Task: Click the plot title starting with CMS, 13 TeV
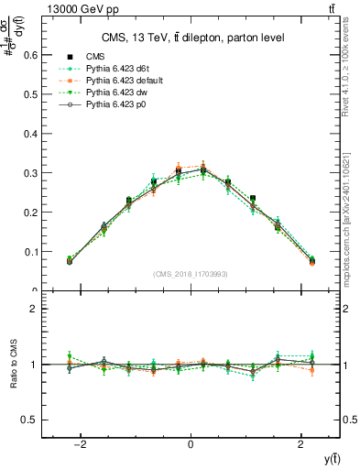pos(191,38)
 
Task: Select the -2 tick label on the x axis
pos(80,444)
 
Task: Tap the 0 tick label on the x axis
pos(190,444)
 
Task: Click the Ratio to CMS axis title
pos(12,365)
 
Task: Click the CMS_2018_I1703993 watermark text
pos(191,274)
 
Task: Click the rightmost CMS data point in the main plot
pos(311,261)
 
